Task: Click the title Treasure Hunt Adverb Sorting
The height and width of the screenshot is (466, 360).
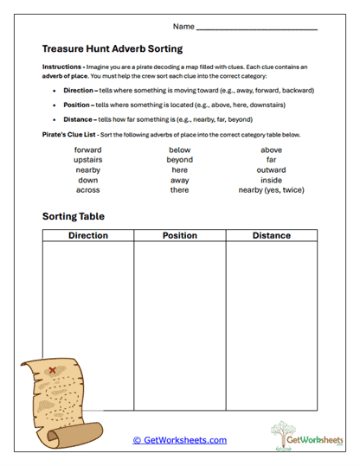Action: [112, 49]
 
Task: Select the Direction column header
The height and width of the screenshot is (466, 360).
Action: [88, 235]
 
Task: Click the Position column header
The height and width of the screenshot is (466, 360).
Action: [179, 235]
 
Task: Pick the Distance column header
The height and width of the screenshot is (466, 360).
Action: [271, 235]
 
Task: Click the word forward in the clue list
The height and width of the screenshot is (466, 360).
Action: [88, 150]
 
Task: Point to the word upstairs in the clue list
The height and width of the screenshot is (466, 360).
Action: [88, 160]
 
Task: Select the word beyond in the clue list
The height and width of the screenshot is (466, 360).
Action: [180, 160]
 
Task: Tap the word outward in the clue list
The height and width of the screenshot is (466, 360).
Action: [272, 169]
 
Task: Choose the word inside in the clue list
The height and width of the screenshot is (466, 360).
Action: [272, 180]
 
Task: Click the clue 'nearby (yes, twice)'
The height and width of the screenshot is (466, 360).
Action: [272, 189]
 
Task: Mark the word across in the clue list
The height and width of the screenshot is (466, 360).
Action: [88, 189]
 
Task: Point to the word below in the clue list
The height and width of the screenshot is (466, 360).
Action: [180, 150]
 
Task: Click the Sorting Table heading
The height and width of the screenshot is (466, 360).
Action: [79, 216]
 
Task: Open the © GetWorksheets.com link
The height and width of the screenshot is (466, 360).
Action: [179, 440]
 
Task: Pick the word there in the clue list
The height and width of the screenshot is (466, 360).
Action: [180, 189]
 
